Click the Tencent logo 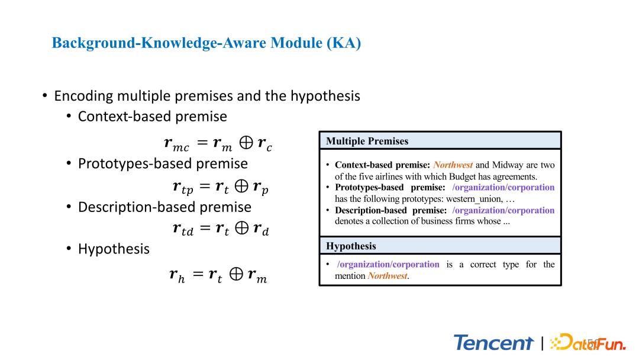[x=493, y=342]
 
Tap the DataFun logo [x=588, y=342]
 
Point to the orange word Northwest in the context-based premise [x=453, y=165]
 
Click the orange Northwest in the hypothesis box [x=387, y=276]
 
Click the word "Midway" [x=508, y=165]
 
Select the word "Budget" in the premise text [x=461, y=177]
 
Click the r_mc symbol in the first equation [x=176, y=144]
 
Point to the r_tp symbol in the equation [x=183, y=188]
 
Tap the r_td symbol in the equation [x=183, y=229]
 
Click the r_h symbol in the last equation [x=177, y=275]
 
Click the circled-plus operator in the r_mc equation [x=246, y=142]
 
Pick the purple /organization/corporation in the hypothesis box [x=388, y=264]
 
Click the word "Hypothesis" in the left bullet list [x=114, y=249]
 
